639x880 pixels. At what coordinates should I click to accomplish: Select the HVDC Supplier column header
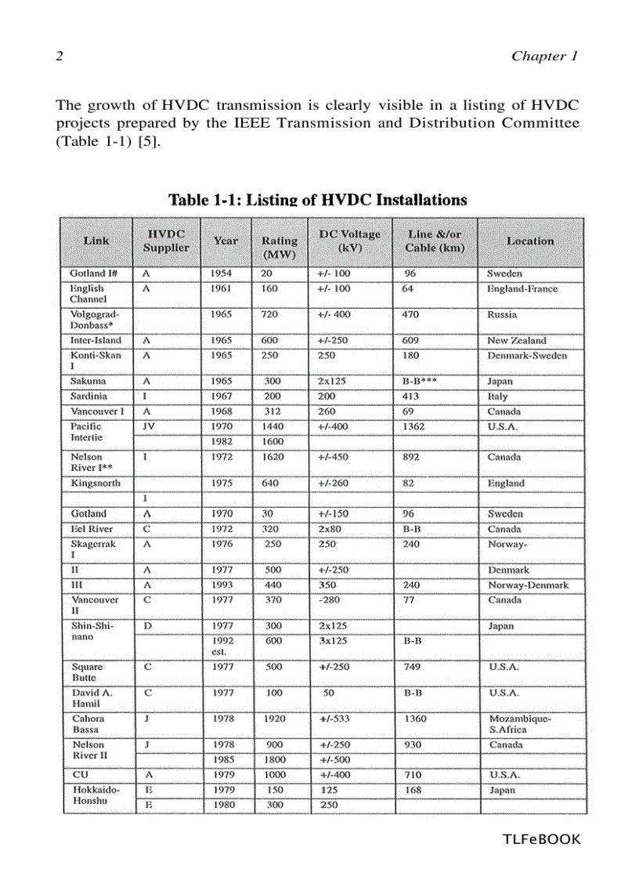(166, 241)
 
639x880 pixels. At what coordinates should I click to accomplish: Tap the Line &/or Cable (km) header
(435, 241)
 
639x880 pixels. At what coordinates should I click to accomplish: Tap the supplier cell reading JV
(148, 426)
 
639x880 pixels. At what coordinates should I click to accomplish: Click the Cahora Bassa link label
(88, 723)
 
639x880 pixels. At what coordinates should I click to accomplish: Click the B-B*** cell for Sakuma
(420, 381)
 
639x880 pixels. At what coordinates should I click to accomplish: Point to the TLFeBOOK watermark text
(541, 839)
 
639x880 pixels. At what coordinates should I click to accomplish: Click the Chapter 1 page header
(543, 56)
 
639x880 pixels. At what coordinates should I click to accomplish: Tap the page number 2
(59, 56)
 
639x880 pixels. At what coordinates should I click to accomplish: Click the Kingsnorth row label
(96, 483)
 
